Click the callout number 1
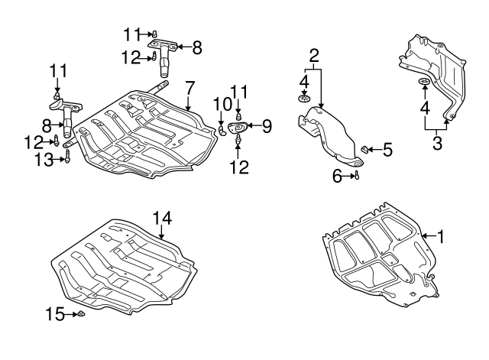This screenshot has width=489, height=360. pyautogui.click(x=439, y=237)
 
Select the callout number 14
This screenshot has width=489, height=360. pyautogui.click(x=163, y=219)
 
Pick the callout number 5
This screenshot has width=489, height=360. pyautogui.click(x=387, y=150)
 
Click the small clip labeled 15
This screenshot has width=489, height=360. pyautogui.click(x=80, y=314)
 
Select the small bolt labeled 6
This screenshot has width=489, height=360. pyautogui.click(x=357, y=177)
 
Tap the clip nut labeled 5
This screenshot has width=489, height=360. pyautogui.click(x=367, y=148)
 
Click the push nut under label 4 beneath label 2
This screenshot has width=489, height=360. pyautogui.click(x=303, y=98)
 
